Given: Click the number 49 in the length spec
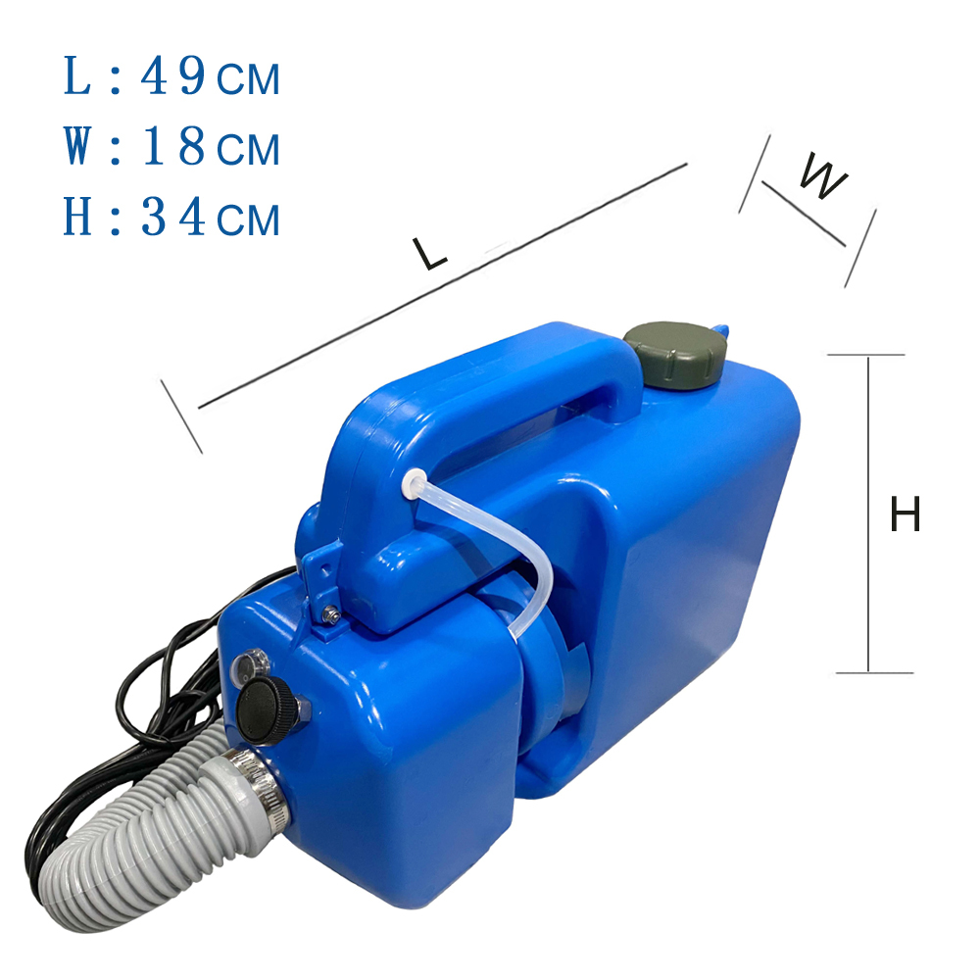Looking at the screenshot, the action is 174,76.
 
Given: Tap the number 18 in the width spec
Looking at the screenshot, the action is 174,147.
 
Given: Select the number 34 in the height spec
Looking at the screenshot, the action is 173,217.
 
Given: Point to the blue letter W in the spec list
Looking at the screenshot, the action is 77,147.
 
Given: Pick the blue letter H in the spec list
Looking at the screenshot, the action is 77,217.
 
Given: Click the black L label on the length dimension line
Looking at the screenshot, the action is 430,252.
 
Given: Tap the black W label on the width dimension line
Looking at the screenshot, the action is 823,175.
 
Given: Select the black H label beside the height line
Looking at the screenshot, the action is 905,514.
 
